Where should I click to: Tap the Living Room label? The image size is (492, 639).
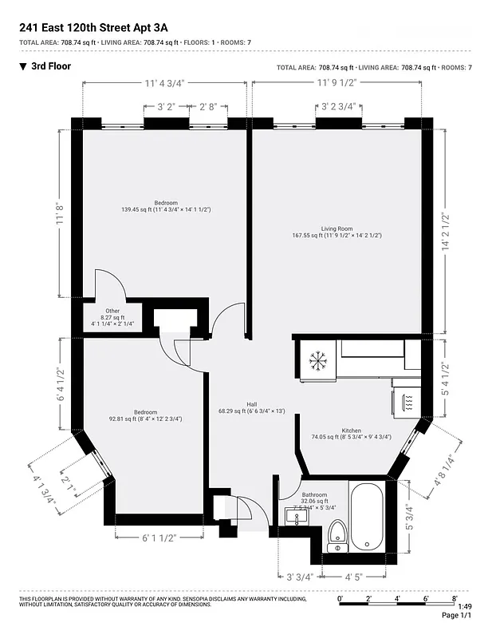[336, 229]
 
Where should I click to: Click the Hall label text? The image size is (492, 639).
[251, 404]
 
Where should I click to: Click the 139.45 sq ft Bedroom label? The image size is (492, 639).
[166, 203]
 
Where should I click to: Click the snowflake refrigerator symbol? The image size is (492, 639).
[318, 363]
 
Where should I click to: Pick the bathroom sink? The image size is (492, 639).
[297, 518]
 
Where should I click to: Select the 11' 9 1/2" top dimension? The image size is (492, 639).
[337, 81]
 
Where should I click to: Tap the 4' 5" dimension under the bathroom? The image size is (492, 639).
[354, 574]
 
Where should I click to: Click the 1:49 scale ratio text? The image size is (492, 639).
[465, 606]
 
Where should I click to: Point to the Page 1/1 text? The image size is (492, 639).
[457, 616]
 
